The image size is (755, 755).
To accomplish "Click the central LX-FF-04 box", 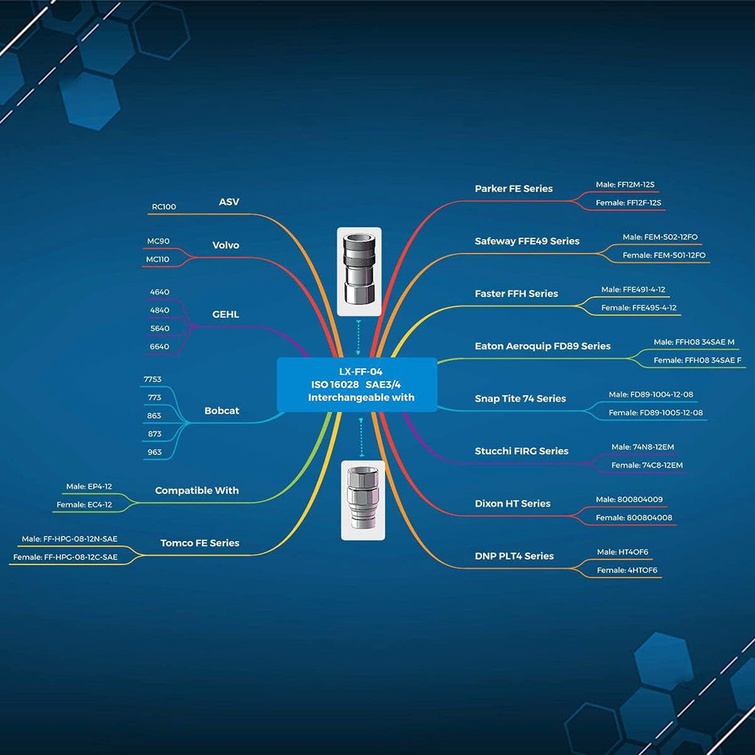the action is [357, 384].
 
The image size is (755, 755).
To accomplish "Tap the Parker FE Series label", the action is [513, 189].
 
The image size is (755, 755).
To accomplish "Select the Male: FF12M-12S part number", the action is [625, 184].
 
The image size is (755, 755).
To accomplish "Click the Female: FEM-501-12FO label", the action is [664, 255].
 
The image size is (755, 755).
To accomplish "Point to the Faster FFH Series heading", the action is [516, 293].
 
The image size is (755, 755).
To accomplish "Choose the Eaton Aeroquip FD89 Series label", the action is [542, 347].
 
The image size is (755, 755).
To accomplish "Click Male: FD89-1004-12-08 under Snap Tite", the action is [650, 394].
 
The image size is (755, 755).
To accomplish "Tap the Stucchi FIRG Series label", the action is [521, 451].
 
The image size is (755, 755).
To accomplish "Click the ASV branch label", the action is [229, 202].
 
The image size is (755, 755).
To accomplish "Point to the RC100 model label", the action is [164, 206].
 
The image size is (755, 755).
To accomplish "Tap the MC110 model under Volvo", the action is [158, 259].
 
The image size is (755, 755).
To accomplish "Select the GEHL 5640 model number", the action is [159, 328].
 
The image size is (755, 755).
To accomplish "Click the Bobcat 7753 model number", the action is [152, 379].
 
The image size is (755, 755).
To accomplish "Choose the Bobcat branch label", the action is [221, 411].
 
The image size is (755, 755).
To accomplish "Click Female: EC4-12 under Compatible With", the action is [84, 504].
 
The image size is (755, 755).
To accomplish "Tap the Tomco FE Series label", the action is [199, 543].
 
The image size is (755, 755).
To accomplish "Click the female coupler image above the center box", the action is [359, 271].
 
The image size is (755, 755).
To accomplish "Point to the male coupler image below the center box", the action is [363, 501].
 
